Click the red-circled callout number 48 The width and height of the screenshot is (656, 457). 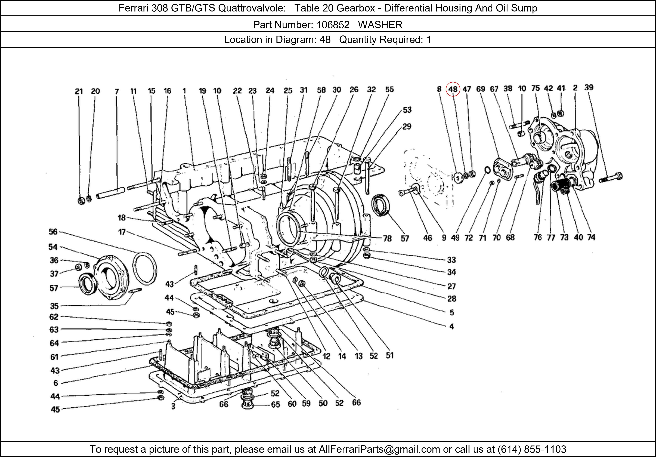click(453, 89)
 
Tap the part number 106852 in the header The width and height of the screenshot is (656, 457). click(333, 25)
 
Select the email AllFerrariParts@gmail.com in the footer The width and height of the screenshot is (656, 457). click(379, 449)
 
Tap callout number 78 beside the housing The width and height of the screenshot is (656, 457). click(387, 238)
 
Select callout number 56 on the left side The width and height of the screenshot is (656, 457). click(53, 232)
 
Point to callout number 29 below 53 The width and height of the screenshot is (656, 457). click(407, 126)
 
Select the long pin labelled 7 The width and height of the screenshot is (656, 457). click(110, 192)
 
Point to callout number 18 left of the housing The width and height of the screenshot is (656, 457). click(122, 218)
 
